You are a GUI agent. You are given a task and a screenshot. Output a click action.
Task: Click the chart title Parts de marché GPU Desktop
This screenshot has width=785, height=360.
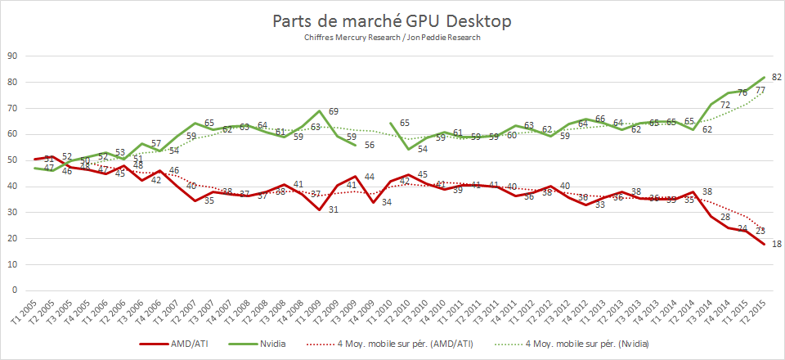pyautogui.click(x=392, y=22)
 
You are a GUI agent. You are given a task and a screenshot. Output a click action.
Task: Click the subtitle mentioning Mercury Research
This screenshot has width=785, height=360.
pyautogui.click(x=392, y=38)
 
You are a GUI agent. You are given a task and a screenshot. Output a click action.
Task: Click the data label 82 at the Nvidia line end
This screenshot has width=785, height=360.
pyautogui.click(x=777, y=77)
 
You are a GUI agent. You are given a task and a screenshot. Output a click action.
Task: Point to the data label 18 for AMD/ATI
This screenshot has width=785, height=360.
pyautogui.click(x=777, y=245)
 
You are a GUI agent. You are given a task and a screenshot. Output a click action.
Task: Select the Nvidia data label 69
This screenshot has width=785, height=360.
pyautogui.click(x=334, y=110)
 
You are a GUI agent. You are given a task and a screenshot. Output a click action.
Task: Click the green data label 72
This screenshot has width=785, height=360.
pyautogui.click(x=724, y=105)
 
